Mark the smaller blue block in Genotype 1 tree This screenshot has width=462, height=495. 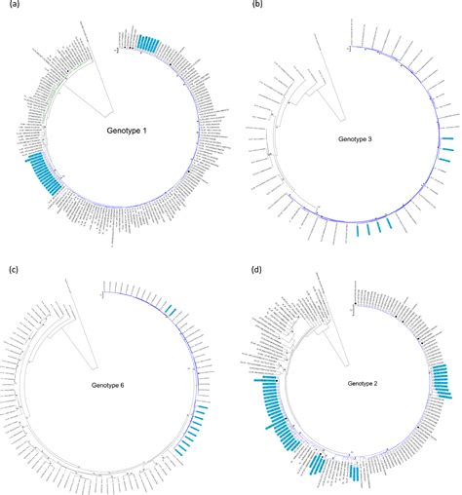click(149, 43)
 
